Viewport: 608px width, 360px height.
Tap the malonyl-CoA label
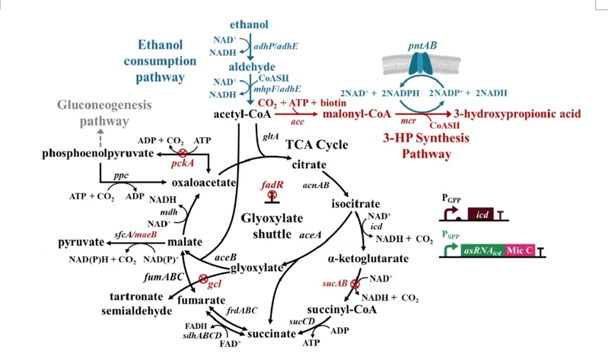356,114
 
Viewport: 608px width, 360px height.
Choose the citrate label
309,164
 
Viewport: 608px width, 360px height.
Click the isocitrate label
355,204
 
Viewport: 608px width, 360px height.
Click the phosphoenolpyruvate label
94,155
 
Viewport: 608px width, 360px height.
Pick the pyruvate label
81,242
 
